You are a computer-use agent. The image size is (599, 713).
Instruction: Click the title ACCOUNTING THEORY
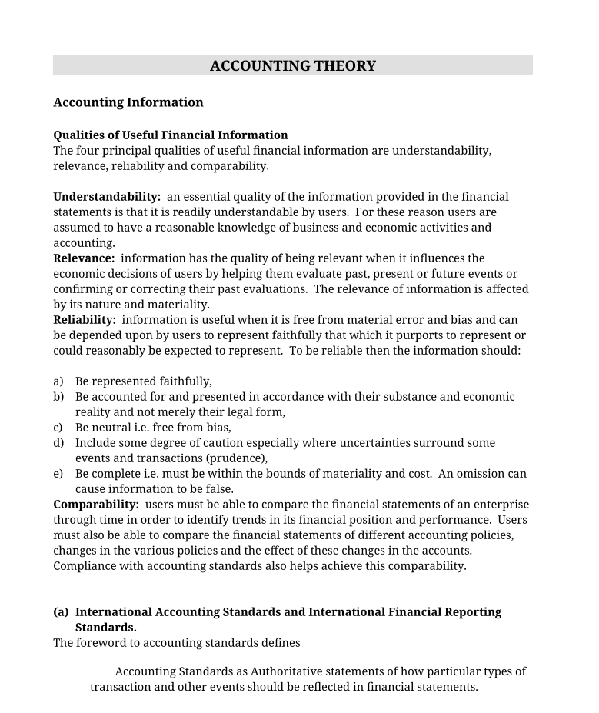point(293,66)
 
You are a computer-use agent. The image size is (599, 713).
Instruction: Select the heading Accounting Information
point(128,102)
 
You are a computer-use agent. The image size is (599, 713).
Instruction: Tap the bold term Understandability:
point(107,197)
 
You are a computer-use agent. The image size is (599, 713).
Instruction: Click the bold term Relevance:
point(84,258)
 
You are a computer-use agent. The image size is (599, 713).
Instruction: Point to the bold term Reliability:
point(85,320)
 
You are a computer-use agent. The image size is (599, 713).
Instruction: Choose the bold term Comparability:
point(96,505)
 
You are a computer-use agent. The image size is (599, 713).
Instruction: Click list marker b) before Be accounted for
point(58,397)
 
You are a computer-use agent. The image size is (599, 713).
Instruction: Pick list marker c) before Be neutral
point(58,428)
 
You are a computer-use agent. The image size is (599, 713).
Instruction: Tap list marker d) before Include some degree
point(58,443)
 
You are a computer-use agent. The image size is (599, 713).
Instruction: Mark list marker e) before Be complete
point(58,474)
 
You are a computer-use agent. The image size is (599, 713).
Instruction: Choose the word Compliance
point(84,566)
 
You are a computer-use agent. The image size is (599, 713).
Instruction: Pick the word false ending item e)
point(218,489)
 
